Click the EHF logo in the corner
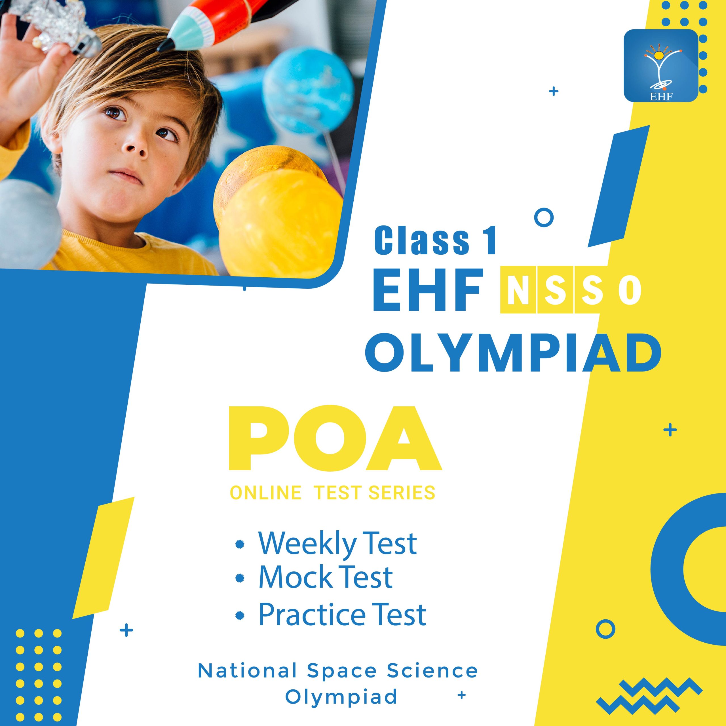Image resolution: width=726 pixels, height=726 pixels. click(x=660, y=66)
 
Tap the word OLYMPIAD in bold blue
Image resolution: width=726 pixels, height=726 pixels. click(x=513, y=355)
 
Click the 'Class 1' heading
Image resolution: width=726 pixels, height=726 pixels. click(x=435, y=242)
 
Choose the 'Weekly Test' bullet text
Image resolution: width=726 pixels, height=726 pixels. click(x=337, y=544)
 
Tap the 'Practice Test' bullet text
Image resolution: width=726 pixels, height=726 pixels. click(x=342, y=614)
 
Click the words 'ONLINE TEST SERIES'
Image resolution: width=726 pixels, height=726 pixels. click(x=333, y=493)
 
